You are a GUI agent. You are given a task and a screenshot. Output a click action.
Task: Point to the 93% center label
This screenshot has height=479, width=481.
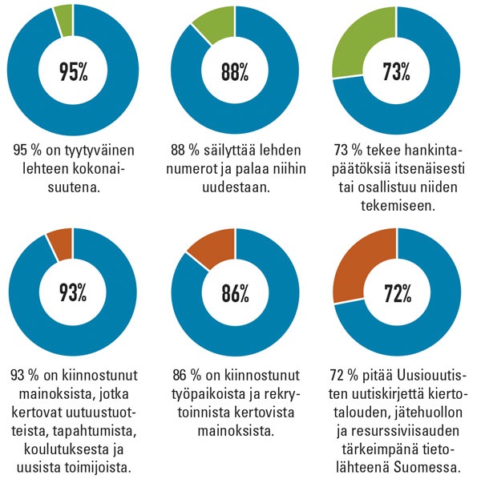tap(72, 293)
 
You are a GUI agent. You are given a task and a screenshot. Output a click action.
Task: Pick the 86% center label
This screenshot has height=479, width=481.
tap(234, 293)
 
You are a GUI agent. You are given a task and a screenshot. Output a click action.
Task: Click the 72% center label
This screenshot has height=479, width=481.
tap(396, 293)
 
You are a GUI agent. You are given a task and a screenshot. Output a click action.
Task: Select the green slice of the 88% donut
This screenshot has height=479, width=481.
tap(213, 26)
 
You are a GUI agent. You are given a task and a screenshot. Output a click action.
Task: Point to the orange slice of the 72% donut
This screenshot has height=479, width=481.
tap(359, 265)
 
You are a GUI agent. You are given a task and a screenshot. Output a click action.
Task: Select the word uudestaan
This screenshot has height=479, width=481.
tap(233, 187)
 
